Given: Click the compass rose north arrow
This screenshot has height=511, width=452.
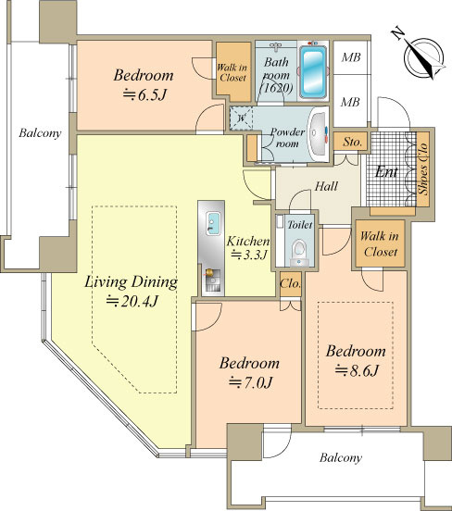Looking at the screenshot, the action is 424,58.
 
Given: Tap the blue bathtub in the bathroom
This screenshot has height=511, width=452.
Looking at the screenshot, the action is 313,71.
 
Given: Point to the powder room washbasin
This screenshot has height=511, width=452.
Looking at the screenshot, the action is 319,134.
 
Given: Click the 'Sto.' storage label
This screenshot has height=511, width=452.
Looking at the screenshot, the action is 352,142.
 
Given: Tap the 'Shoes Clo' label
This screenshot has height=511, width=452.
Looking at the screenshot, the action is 423,168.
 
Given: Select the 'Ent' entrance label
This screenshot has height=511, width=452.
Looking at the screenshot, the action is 386,172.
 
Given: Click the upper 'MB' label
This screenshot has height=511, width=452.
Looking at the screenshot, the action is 351,57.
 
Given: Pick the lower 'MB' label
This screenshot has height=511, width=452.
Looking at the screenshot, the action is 350,103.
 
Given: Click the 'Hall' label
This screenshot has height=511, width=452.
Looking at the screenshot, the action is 326,186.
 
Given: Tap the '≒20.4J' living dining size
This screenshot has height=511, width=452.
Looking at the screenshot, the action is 132,302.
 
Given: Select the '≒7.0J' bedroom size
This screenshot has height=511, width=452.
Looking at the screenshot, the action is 250,382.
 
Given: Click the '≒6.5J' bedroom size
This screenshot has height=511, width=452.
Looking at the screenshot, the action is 144,94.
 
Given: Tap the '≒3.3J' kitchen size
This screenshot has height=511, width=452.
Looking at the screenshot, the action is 249,255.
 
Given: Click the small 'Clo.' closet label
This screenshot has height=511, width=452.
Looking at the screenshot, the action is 290,284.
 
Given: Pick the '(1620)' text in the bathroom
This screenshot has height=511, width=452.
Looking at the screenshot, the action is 276,88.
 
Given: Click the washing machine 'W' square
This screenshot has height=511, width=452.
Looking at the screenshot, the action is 241,118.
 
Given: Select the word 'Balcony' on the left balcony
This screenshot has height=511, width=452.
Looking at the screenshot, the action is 40,133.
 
